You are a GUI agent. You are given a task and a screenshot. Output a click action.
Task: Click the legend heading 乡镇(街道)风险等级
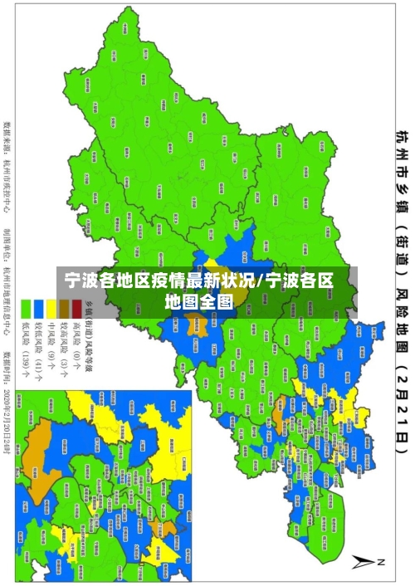coord(87,336)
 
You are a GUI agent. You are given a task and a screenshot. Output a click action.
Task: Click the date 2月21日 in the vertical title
coord(402,408)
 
